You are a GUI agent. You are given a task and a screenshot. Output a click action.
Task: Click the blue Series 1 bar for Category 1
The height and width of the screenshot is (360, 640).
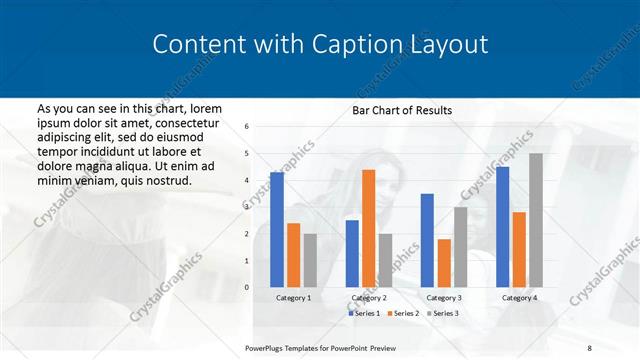pos(277,230)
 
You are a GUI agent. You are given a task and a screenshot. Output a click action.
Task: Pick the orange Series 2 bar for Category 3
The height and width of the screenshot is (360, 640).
pos(443,263)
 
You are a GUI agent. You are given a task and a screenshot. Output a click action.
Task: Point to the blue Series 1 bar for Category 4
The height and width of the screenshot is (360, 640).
pos(502,227)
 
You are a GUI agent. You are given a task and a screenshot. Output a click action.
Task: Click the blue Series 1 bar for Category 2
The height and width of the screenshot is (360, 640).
pos(352,254)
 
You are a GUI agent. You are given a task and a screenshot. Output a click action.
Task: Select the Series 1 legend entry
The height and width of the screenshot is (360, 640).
pos(365,314)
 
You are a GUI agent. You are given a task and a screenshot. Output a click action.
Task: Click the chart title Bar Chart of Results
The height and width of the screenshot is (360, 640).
pos(401,109)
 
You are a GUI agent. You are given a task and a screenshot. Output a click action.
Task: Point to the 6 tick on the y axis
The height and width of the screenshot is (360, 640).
pos(247,126)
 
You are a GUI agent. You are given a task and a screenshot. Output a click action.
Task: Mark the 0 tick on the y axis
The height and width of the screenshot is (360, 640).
pos(247,287)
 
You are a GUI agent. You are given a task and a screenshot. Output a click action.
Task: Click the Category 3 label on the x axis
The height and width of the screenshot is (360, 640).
pos(443,298)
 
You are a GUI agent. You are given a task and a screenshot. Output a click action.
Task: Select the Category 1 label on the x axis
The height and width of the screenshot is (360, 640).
pos(294,298)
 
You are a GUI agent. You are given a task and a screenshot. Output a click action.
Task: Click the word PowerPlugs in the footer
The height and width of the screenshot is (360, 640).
pos(266,346)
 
